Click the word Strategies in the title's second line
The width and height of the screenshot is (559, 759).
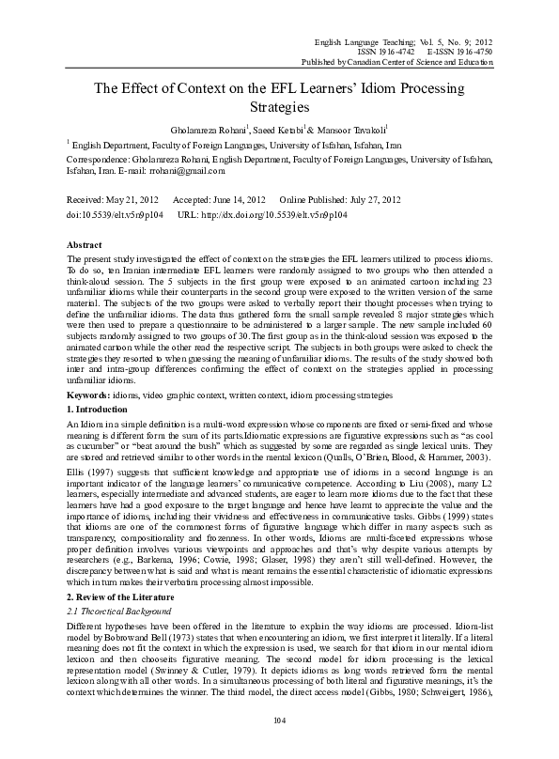pos(279,109)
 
